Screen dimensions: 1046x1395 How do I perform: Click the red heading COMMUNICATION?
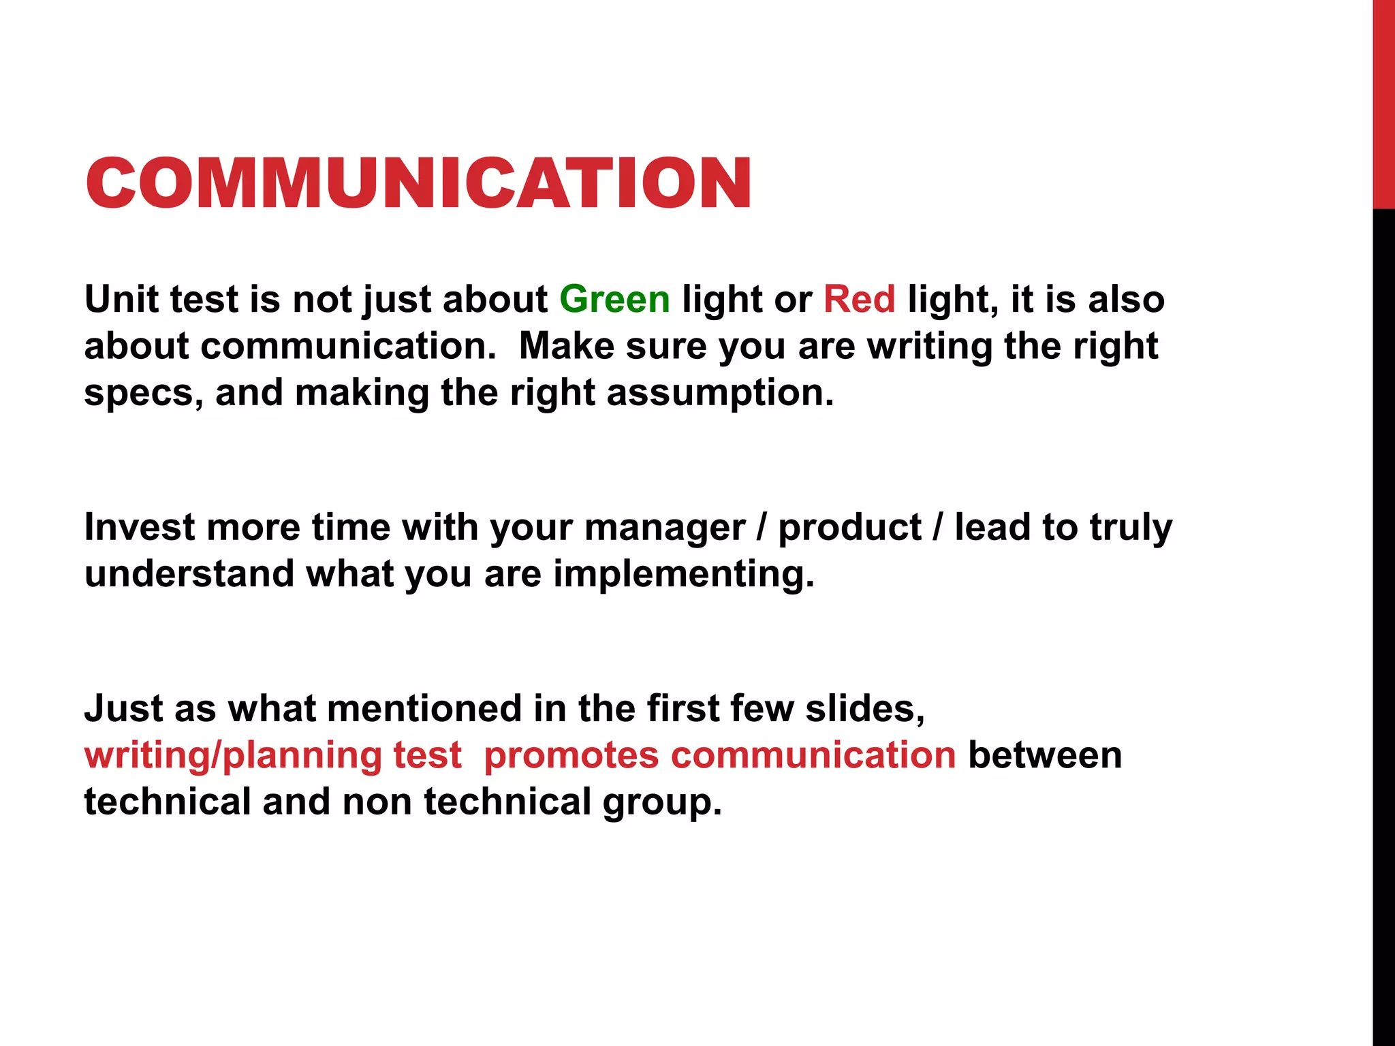(418, 183)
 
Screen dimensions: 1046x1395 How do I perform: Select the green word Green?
(614, 300)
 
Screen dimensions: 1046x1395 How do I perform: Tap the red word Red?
(859, 300)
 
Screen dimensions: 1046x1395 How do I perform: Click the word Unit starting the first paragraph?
(122, 300)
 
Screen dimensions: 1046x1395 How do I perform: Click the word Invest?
(139, 528)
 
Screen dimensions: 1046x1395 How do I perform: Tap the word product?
(849, 528)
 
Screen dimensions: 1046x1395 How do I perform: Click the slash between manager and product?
(762, 528)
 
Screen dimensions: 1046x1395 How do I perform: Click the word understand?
(189, 574)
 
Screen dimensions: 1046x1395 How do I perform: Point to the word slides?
(864, 709)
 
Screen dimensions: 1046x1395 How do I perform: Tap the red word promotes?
(571, 756)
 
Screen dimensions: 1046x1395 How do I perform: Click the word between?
(1044, 755)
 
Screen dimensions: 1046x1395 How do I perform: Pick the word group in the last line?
(661, 802)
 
